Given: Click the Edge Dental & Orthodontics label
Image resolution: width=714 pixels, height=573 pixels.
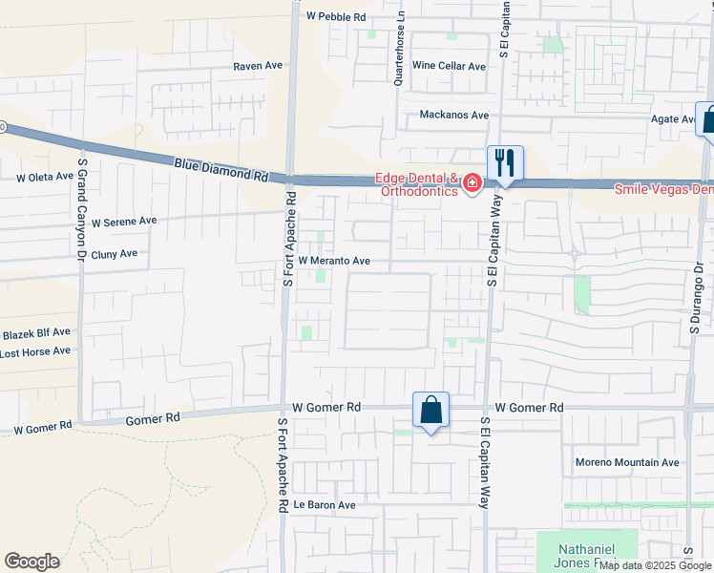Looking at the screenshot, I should [x=415, y=183].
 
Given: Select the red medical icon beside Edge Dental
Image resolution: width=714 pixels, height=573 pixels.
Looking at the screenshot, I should [x=472, y=184].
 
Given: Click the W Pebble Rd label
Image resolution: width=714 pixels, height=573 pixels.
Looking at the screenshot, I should [x=336, y=16].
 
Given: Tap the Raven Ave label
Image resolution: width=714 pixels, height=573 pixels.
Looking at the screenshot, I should [x=259, y=67].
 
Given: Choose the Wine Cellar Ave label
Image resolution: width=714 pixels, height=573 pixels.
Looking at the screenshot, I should [x=450, y=66].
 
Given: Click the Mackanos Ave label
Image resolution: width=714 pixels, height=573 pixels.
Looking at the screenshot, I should [x=454, y=116].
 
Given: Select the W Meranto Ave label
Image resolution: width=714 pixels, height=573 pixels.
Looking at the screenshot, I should [x=334, y=260].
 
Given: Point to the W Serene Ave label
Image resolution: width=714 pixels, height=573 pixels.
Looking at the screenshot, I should [x=124, y=221].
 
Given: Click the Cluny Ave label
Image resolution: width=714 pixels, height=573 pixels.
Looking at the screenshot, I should [x=115, y=254].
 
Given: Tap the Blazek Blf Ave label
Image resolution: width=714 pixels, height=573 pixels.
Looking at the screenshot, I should [x=35, y=332].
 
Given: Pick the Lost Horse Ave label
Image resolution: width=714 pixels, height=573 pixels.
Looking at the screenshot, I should [x=35, y=351].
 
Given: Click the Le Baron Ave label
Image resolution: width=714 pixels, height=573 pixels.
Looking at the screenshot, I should [x=325, y=505].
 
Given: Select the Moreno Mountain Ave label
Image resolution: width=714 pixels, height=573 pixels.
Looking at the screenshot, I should [x=627, y=463].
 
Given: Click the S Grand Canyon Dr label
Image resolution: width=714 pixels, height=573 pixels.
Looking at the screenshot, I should [x=83, y=210].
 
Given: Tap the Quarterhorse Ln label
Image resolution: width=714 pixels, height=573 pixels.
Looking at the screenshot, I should [x=400, y=48].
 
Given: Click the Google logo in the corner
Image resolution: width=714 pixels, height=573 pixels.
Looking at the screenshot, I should [x=31, y=562].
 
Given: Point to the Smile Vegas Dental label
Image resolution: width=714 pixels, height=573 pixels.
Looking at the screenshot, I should [x=662, y=189].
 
